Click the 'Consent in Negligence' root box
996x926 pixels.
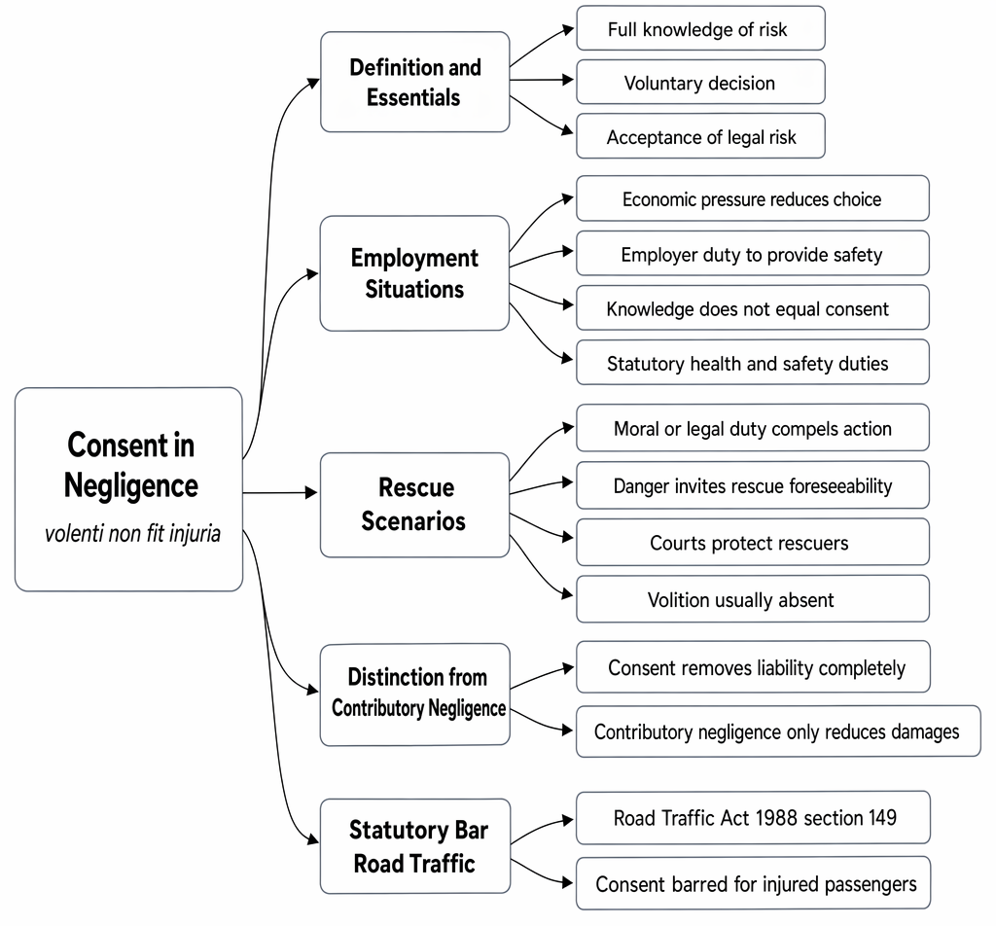129,489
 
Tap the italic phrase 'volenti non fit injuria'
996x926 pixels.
132,533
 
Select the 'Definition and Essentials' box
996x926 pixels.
414,82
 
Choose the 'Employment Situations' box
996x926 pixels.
414,273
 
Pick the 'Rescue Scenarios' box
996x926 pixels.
414,505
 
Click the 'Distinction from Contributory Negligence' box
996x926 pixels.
414,694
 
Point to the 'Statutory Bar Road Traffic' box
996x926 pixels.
415,846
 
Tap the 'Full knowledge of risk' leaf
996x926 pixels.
700,28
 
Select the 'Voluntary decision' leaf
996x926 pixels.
700,82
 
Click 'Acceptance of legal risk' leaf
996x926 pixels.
700,136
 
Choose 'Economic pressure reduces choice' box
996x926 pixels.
753,198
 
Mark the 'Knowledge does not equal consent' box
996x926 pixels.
753,307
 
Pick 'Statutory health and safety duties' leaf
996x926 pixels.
753,362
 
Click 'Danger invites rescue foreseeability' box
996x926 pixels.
753,485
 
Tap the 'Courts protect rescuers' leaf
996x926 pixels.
753,542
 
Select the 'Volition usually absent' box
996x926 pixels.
753,599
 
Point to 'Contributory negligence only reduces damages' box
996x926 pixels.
778,731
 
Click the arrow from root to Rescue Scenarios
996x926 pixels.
280,492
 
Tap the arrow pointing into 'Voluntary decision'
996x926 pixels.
541,80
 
